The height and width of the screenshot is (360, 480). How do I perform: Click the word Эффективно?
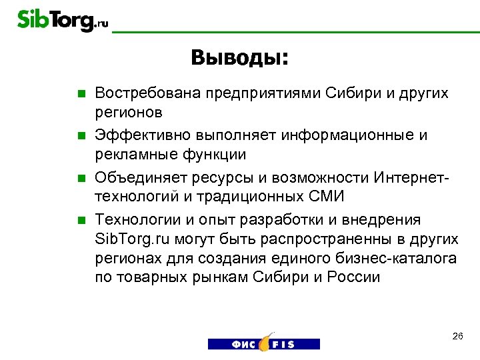(x=139, y=135)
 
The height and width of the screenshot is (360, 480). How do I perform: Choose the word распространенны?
(x=333, y=239)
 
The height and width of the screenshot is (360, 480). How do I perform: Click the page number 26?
(x=457, y=336)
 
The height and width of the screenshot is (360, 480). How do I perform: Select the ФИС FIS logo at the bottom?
(x=263, y=342)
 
